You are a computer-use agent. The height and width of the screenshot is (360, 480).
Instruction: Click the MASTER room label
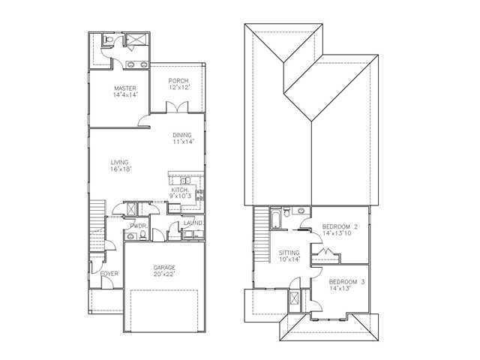coord(125,88)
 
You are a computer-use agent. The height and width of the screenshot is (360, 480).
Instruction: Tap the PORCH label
coord(178,81)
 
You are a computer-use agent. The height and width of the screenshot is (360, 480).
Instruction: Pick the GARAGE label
coord(165,267)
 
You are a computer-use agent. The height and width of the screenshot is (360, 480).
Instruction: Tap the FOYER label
coord(109,274)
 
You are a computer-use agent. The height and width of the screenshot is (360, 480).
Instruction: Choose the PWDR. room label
coord(138,226)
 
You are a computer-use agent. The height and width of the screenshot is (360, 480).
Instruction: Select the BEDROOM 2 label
coord(340,226)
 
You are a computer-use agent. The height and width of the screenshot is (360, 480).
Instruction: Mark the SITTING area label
coord(289,253)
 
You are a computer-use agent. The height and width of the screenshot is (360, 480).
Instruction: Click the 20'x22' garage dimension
coord(165,274)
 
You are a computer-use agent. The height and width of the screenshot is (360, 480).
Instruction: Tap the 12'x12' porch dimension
coord(178,88)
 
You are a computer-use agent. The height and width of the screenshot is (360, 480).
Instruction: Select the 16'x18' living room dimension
coord(120,169)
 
